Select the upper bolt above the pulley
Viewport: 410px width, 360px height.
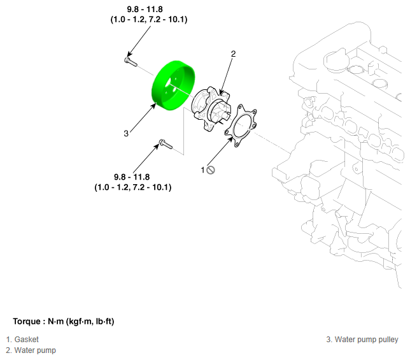tap(131, 62)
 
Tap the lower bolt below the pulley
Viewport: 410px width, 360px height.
tap(166, 144)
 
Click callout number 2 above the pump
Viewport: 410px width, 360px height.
tap(233, 54)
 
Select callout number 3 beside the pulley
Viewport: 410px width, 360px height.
tap(126, 133)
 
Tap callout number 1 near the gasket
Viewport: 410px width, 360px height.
tap(202, 170)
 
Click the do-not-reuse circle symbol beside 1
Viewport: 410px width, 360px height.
tap(211, 170)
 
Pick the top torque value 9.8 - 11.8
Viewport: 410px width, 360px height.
tap(145, 10)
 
